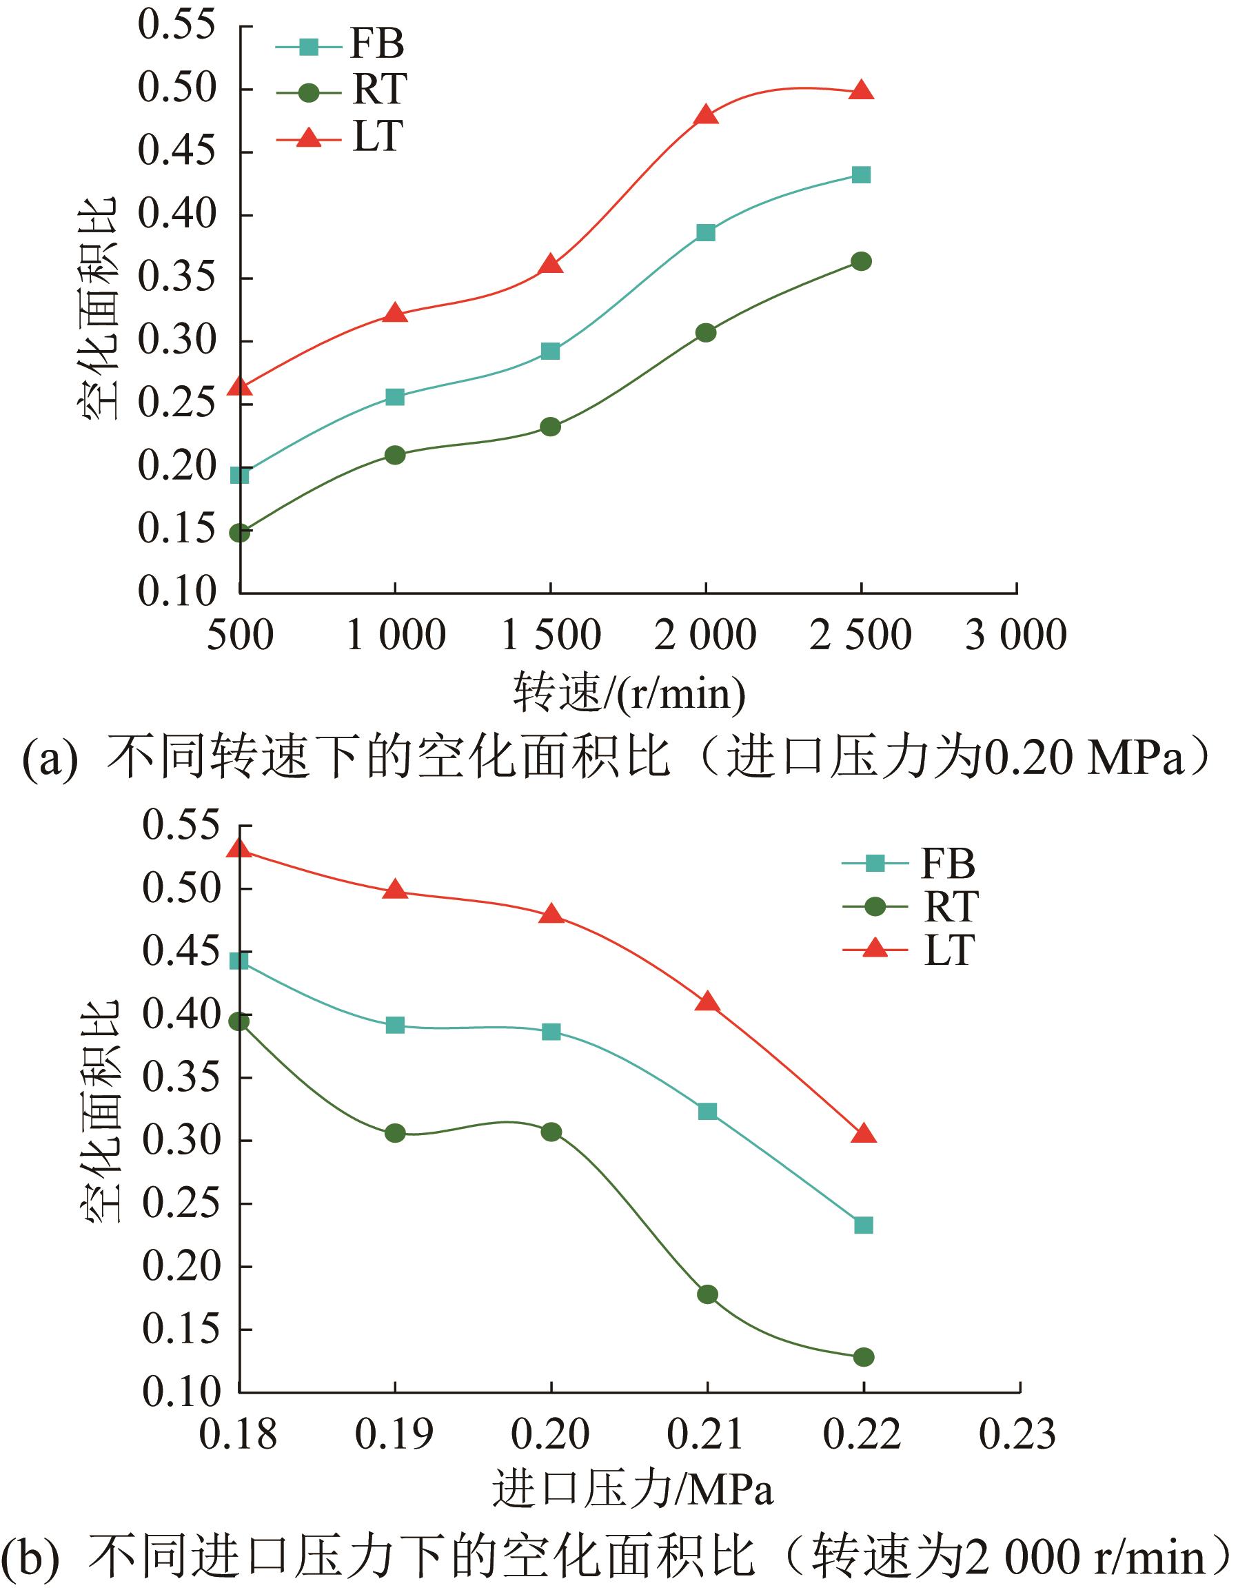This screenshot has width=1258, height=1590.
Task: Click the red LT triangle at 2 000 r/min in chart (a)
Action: coord(706,115)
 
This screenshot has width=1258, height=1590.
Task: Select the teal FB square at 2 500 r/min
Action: coord(861,174)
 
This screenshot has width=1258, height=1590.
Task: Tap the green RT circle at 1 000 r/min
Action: coord(395,454)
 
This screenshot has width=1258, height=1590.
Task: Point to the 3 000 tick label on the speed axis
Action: coord(1015,635)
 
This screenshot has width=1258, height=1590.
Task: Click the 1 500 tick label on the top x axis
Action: coord(550,635)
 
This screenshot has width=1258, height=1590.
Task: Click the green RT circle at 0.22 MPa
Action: coord(863,1356)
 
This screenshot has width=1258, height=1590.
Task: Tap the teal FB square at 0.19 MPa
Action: coord(395,1025)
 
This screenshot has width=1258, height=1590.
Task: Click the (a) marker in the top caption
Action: coord(50,759)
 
